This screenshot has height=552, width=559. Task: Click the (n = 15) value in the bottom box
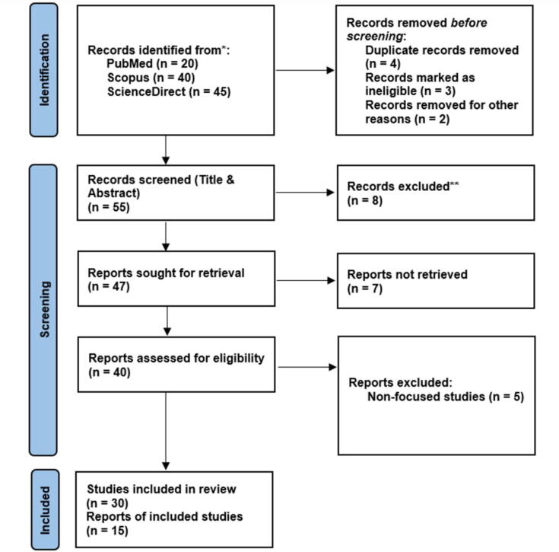(106, 531)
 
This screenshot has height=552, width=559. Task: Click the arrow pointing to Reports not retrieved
(303, 280)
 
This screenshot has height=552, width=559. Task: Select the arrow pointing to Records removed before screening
(303, 71)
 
